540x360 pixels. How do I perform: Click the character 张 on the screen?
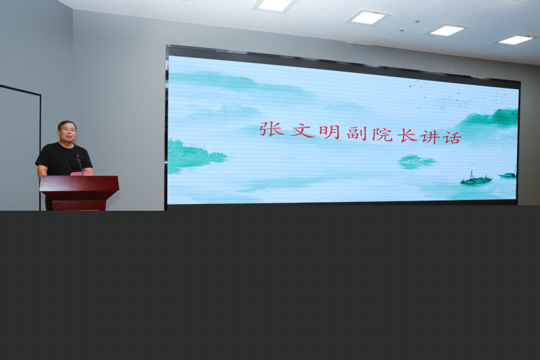coord(272,130)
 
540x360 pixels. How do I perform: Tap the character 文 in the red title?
coord(302,131)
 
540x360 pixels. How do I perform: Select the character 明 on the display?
coord(330,132)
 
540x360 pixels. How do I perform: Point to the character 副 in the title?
coord(357,134)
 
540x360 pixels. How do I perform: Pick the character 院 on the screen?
coord(383,134)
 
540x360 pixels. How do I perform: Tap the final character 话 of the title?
coord(452,138)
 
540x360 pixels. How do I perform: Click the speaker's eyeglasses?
coord(68,130)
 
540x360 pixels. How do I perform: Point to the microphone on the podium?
coord(79,163)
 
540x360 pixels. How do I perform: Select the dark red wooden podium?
coord(79,192)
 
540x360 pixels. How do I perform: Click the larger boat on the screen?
coord(476,180)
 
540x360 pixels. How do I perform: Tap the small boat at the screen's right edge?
coord(508,175)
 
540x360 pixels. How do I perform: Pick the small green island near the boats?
coord(416,161)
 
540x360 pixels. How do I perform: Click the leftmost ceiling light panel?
coord(274,5)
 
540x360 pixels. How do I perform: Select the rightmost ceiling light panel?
coord(516,39)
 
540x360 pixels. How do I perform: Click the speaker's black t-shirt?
coord(64,159)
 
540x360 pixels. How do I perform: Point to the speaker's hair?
coord(66,124)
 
